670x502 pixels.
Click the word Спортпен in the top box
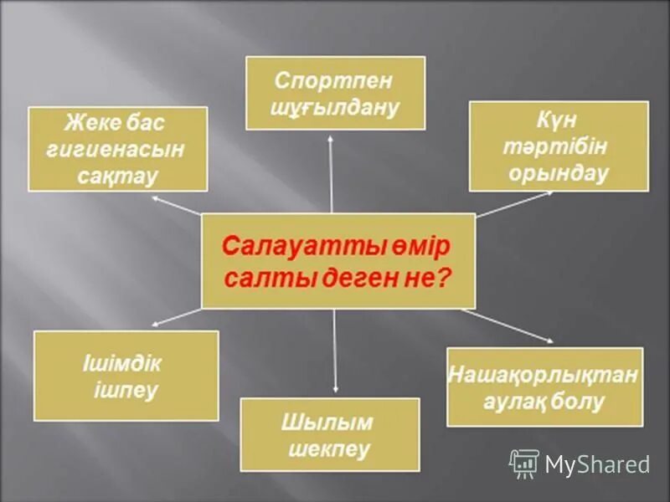(x=334, y=81)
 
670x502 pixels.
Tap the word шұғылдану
(x=334, y=107)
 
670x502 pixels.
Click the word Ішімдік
(x=122, y=365)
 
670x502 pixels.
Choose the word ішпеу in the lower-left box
(x=126, y=391)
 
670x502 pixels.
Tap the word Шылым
(x=329, y=423)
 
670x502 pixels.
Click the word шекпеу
(x=329, y=449)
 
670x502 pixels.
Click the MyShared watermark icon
(x=524, y=464)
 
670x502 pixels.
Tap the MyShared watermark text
(x=598, y=464)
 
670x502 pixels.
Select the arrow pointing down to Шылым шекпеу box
(x=335, y=351)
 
